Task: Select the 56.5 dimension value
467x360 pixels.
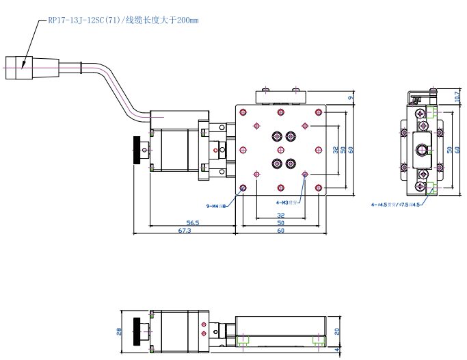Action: tap(192, 222)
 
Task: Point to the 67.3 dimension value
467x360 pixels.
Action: tap(184, 231)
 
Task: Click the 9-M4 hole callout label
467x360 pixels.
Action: tap(215, 205)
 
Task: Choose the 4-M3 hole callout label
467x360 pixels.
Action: tap(287, 203)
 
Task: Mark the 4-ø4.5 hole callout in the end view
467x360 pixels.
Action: tap(395, 204)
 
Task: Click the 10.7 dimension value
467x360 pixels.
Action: tap(457, 98)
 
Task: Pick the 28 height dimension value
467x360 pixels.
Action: tap(118, 332)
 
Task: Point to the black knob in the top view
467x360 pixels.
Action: tap(140, 151)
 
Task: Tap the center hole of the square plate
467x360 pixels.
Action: tap(280, 149)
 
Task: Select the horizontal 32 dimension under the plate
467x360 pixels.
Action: tap(280, 215)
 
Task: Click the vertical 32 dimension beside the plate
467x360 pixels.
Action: tap(335, 149)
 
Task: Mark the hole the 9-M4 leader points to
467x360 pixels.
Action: tap(243, 188)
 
